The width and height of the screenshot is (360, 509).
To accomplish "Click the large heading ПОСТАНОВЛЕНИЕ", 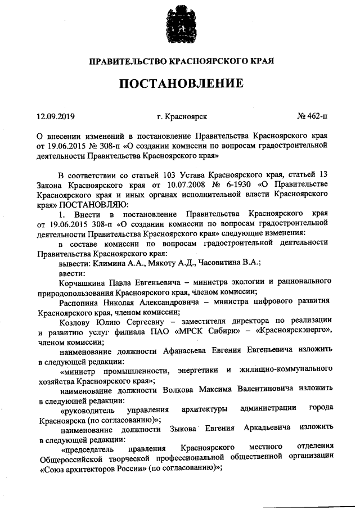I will [x=180, y=84].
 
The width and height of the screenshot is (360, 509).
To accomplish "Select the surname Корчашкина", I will [x=83, y=280].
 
